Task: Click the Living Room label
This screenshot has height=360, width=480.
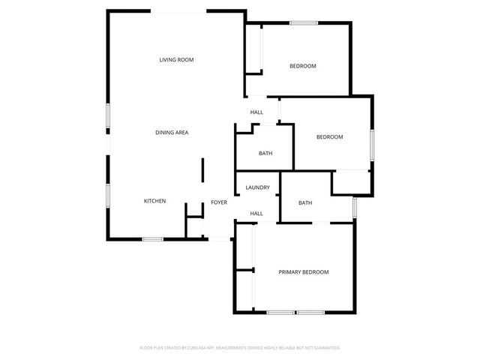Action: click(x=176, y=59)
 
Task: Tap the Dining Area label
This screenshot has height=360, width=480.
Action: click(x=172, y=133)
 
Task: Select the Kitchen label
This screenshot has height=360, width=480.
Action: click(x=154, y=201)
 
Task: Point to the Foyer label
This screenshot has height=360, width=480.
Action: click(x=219, y=202)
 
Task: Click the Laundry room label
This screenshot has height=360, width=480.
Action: click(x=257, y=187)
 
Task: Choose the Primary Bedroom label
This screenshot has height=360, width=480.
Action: click(x=304, y=271)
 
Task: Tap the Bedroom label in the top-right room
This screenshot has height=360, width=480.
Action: click(x=303, y=66)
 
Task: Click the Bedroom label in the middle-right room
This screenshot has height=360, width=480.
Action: click(x=329, y=137)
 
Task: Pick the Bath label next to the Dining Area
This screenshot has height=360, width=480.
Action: click(x=265, y=154)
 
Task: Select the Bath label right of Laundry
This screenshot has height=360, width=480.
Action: click(x=305, y=202)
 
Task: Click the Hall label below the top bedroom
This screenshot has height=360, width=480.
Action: click(x=256, y=112)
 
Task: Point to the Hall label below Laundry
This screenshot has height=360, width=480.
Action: click(x=256, y=214)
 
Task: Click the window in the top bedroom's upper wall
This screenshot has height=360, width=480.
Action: click(x=304, y=23)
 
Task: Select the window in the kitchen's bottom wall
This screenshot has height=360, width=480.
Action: click(x=153, y=239)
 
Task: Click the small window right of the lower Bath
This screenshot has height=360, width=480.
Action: click(x=355, y=207)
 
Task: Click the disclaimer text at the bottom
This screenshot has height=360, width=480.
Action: click(x=240, y=348)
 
